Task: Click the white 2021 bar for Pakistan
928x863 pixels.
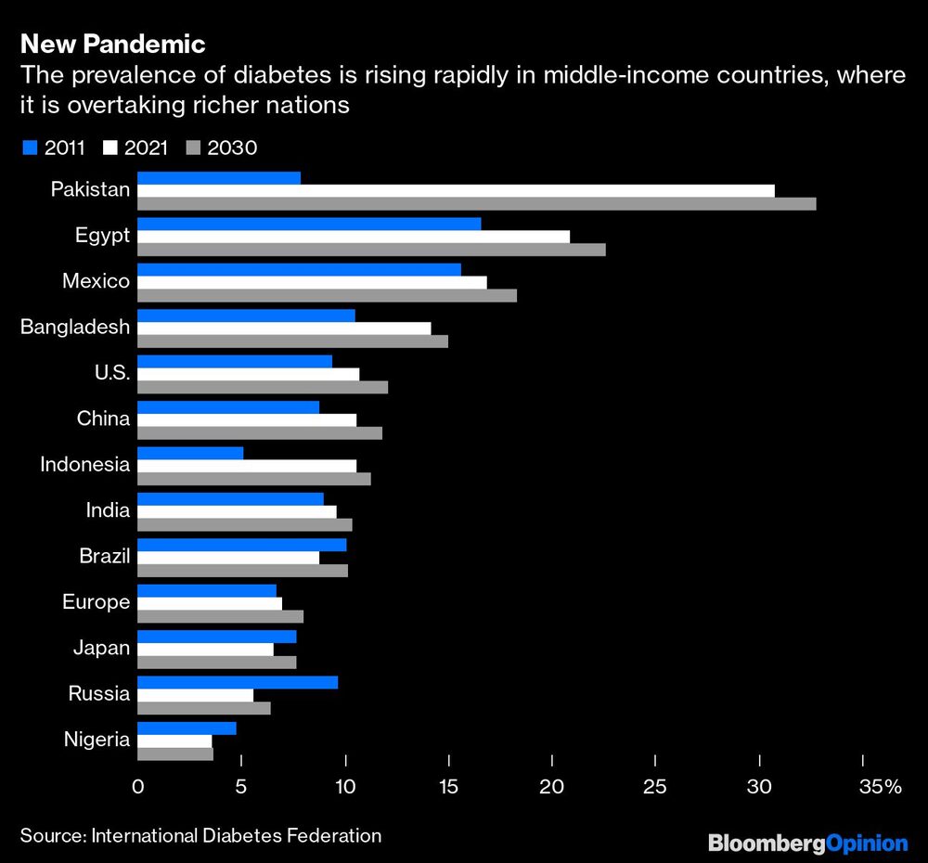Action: tap(455, 191)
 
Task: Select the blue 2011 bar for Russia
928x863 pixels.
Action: tap(238, 682)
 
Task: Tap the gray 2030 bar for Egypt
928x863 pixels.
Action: tap(371, 250)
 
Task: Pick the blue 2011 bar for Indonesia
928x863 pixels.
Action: tap(190, 453)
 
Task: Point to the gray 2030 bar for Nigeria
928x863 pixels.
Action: tap(175, 754)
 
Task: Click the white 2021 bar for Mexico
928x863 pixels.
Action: tap(312, 282)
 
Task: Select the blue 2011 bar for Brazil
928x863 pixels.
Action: tap(241, 545)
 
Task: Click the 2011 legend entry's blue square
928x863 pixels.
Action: tap(28, 148)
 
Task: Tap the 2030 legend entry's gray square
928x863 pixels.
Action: tap(193, 148)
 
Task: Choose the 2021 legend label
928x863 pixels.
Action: tap(144, 148)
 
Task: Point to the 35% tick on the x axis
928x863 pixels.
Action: tap(880, 787)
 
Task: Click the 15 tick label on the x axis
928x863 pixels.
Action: tap(449, 787)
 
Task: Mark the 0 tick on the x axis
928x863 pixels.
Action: tap(137, 787)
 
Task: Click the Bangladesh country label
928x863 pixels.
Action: tap(75, 328)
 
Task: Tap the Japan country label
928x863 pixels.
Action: tap(101, 648)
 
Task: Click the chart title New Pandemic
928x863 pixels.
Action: tap(112, 44)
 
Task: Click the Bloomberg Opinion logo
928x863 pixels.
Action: tap(807, 843)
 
